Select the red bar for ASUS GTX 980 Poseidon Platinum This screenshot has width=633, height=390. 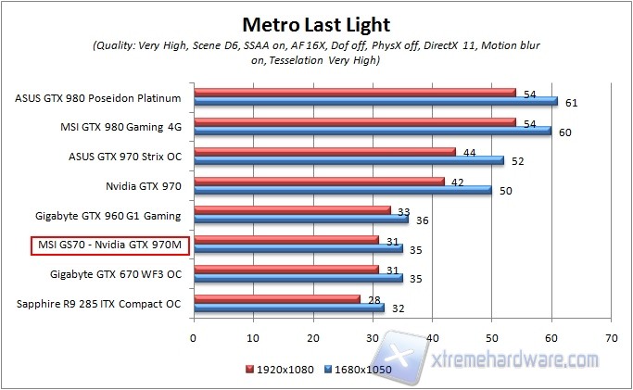(353, 92)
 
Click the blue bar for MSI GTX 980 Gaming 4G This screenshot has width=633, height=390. (372, 131)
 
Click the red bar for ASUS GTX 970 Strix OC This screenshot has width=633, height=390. (323, 152)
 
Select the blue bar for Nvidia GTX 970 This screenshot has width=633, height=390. (341, 191)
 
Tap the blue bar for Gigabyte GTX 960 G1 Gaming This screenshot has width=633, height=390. (299, 220)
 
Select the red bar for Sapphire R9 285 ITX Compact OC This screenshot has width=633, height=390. (275, 298)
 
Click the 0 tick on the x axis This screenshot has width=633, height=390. (193, 338)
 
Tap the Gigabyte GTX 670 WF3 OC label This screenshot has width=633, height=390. (109, 274)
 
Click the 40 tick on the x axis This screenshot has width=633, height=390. (432, 338)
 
